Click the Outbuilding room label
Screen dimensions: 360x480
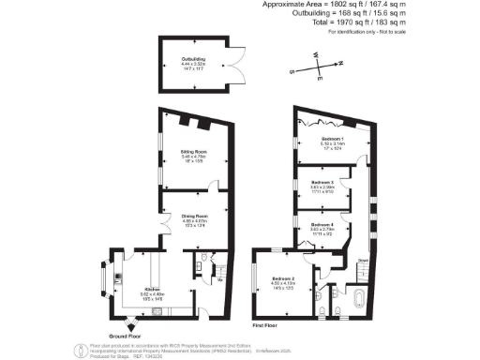click(193, 62)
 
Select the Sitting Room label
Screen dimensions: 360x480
click(194, 156)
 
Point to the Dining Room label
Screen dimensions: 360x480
click(194, 221)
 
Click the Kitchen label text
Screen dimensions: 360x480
click(153, 293)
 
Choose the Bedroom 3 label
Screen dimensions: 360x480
click(322, 185)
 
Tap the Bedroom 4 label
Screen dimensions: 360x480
click(322, 228)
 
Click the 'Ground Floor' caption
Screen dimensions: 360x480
click(126, 336)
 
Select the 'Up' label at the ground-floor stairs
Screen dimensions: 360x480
click(219, 280)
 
